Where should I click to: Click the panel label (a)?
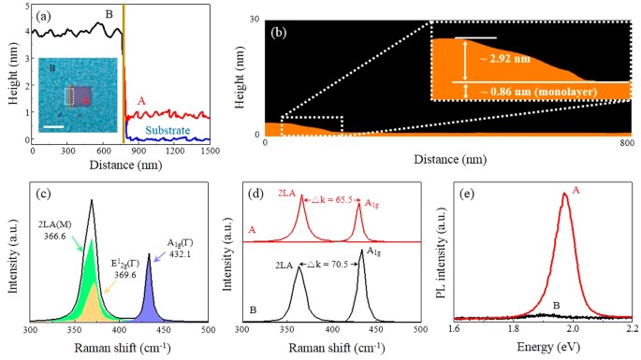[x=45, y=17]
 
